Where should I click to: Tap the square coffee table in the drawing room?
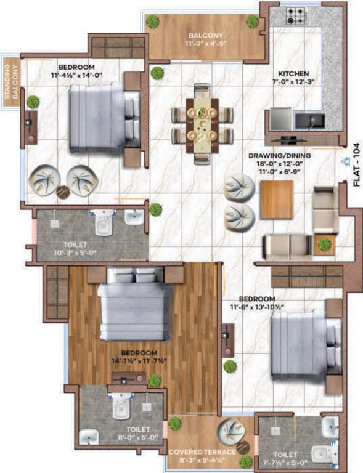[277, 200]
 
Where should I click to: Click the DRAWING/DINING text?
[280, 156]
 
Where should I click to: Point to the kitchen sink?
[307, 119]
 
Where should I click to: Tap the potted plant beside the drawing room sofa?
[324, 245]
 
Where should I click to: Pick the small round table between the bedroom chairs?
[62, 192]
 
